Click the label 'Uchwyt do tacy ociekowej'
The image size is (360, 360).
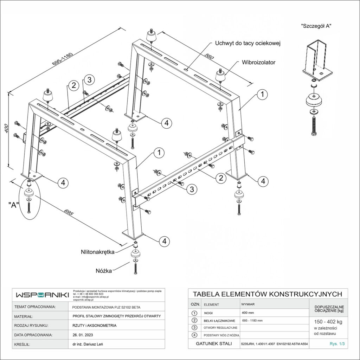pos(247,43)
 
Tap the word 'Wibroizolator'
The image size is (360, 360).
pos(258,62)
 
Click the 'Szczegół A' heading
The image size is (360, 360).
pos(316,26)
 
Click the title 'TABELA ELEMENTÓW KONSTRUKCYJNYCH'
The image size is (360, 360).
pos(268,294)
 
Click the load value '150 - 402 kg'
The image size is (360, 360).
pos(328,321)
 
